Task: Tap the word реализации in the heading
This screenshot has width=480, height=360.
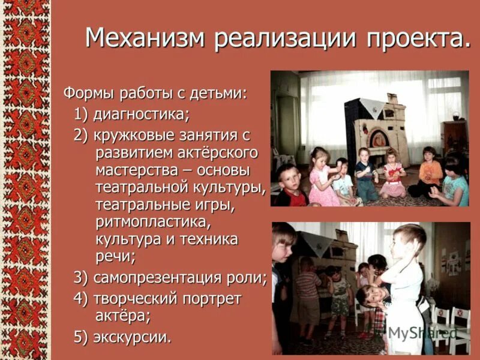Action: [286, 40]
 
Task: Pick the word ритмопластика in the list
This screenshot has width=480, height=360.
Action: [154, 222]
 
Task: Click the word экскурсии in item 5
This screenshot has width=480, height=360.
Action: [133, 337]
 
